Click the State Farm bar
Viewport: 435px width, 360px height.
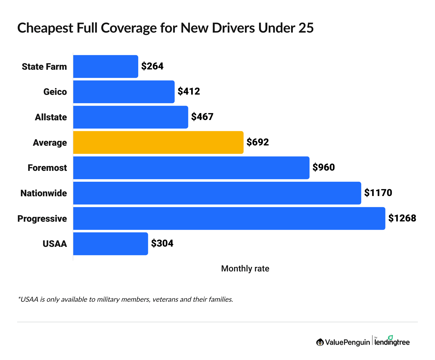point(106,67)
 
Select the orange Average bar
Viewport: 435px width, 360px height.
point(158,143)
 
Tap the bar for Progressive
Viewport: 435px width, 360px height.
point(229,219)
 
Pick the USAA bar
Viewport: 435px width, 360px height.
point(110,244)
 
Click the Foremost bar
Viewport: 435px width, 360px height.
point(191,168)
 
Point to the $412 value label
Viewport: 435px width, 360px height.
point(189,91)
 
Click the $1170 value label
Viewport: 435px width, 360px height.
point(378,193)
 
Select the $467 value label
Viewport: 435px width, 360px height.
point(202,117)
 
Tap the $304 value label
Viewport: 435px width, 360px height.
point(162,243)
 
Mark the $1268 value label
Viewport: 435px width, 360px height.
point(402,218)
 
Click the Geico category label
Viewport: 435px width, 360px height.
point(55,92)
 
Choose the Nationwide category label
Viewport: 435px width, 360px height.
point(43,193)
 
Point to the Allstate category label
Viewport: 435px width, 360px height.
point(51,117)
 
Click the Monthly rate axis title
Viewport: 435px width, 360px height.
point(245,269)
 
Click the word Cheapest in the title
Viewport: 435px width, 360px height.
point(45,28)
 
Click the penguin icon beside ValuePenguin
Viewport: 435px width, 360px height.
point(320,342)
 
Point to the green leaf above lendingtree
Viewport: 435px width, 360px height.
point(390,337)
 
